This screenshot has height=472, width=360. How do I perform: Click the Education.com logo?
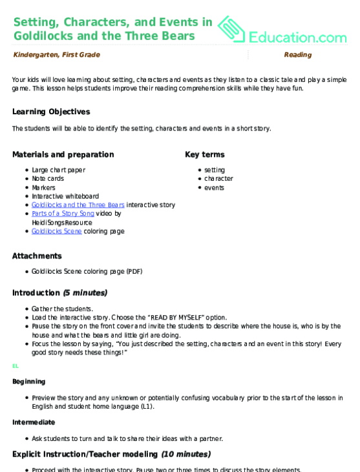point(284,29)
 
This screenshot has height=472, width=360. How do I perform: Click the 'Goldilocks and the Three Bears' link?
point(78,205)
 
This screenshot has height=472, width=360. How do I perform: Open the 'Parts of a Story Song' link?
point(63,213)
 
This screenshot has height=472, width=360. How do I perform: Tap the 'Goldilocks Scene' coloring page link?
point(56,231)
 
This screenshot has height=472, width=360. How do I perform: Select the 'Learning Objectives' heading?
point(51,112)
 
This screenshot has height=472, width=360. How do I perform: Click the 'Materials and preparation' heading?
point(63,155)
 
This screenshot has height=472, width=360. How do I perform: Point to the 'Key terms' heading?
point(205,155)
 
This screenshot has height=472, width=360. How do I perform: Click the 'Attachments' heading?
point(37,256)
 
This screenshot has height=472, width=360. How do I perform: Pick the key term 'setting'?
point(215,170)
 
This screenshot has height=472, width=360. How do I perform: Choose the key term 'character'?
point(218,179)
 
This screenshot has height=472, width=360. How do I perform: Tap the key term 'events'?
point(214,187)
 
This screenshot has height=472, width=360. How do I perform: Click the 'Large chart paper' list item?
point(58,170)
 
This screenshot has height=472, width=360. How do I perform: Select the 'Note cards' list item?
point(48,179)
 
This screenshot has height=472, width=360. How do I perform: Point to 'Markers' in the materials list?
point(45,187)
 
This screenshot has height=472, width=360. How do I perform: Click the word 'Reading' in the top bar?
point(297,55)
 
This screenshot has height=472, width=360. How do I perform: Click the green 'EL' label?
point(16,366)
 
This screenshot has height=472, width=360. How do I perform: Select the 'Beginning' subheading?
point(28,382)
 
